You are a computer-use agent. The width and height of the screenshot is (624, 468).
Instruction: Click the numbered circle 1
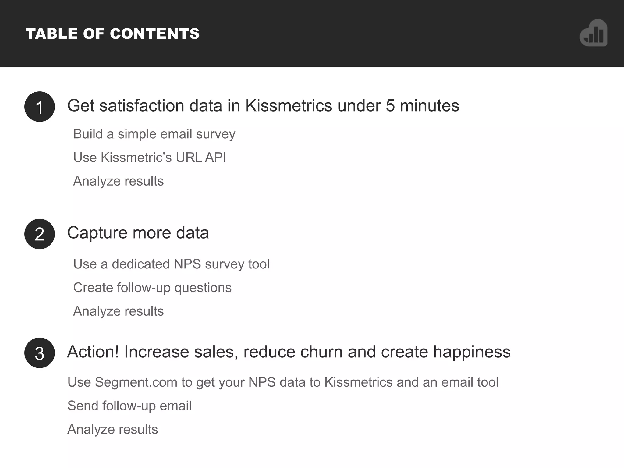40,107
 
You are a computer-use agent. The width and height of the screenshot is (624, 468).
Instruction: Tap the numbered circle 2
40,234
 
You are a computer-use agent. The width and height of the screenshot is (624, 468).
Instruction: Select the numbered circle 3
40,353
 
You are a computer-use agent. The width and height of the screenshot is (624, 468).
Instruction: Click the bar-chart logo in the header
594,33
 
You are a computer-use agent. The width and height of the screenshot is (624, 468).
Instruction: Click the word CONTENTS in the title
155,34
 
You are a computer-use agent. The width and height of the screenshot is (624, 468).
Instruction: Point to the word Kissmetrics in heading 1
289,106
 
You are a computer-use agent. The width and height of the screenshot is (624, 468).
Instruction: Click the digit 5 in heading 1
390,106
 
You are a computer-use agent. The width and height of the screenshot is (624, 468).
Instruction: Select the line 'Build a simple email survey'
154,134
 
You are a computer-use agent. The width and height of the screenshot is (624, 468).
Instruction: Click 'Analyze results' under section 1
119,181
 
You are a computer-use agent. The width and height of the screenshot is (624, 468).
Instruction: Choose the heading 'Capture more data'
138,233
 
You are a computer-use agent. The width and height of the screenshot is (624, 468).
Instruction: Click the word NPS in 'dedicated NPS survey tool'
187,264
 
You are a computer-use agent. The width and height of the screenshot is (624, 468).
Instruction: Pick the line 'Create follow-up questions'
152,288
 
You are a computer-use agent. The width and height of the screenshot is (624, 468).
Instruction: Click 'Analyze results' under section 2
119,311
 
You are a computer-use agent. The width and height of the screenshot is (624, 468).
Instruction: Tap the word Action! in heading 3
93,352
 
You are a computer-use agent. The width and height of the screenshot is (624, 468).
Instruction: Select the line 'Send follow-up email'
129,406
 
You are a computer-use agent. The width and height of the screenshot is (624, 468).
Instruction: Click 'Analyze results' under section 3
113,429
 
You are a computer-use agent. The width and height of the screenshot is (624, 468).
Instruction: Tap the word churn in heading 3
321,352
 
